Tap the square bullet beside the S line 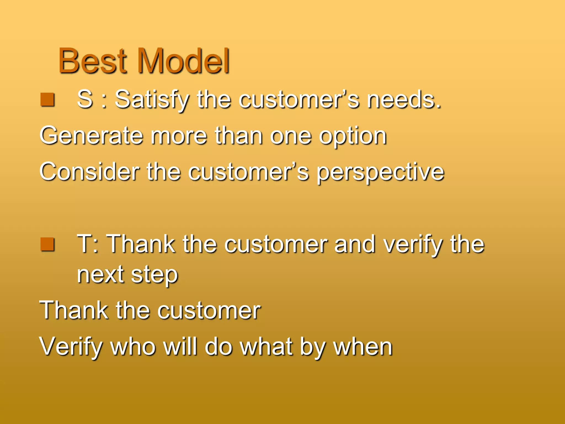(47, 100)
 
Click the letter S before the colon (85, 99)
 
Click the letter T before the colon (84, 244)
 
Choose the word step (154, 276)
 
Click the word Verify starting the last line (71, 347)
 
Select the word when (363, 347)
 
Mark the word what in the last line (266, 347)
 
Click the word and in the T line (354, 244)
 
